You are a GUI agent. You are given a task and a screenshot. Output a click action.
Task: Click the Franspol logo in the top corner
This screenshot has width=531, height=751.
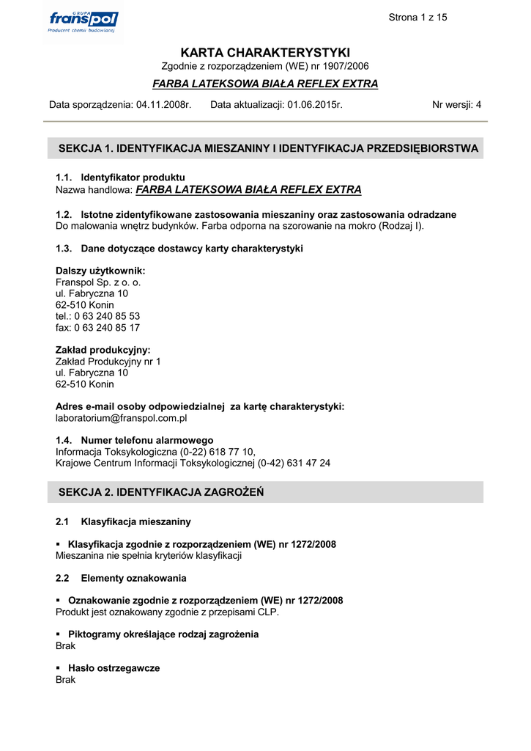[83, 21]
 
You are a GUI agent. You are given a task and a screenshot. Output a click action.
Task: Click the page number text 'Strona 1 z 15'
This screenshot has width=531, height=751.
[417, 18]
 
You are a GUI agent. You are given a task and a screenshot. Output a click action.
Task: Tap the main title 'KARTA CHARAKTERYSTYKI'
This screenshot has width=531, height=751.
[265, 53]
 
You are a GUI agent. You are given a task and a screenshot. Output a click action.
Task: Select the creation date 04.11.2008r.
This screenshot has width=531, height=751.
[164, 105]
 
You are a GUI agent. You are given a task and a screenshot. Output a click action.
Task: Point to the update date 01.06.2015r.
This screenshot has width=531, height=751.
[315, 105]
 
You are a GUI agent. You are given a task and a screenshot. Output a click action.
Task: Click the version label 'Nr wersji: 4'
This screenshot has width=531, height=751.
[456, 105]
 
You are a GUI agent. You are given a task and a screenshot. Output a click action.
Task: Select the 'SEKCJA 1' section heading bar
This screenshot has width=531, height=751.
[265, 148]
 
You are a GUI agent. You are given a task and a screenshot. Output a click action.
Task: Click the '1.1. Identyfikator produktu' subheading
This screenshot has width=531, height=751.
[120, 177]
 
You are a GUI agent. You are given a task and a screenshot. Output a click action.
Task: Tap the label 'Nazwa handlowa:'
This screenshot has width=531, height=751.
[94, 190]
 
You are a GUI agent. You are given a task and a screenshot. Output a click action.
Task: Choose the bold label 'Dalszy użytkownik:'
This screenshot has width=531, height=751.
[100, 271]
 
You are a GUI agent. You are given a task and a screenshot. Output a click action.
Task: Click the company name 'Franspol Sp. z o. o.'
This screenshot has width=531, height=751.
[98, 282]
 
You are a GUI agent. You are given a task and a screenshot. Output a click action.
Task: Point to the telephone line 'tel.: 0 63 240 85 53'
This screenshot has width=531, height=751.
[97, 316]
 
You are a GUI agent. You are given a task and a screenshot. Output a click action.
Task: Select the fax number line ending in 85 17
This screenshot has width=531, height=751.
[97, 328]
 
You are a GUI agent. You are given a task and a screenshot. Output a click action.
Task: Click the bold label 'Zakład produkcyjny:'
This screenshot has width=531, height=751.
[103, 351]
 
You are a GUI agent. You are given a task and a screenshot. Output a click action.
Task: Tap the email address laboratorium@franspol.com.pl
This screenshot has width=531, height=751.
[122, 418]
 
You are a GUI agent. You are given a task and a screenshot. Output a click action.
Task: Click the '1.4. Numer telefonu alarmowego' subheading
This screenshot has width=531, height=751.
[134, 440]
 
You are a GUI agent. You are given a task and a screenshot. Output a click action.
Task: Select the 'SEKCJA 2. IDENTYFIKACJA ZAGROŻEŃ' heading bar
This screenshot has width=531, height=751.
[265, 492]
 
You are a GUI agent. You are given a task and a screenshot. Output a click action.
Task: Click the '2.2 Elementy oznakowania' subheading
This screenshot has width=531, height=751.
[121, 578]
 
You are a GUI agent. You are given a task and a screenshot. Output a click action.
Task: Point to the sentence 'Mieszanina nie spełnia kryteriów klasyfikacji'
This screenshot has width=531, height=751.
[149, 555]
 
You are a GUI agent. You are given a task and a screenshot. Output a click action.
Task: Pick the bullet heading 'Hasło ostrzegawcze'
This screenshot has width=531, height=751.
[114, 668]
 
